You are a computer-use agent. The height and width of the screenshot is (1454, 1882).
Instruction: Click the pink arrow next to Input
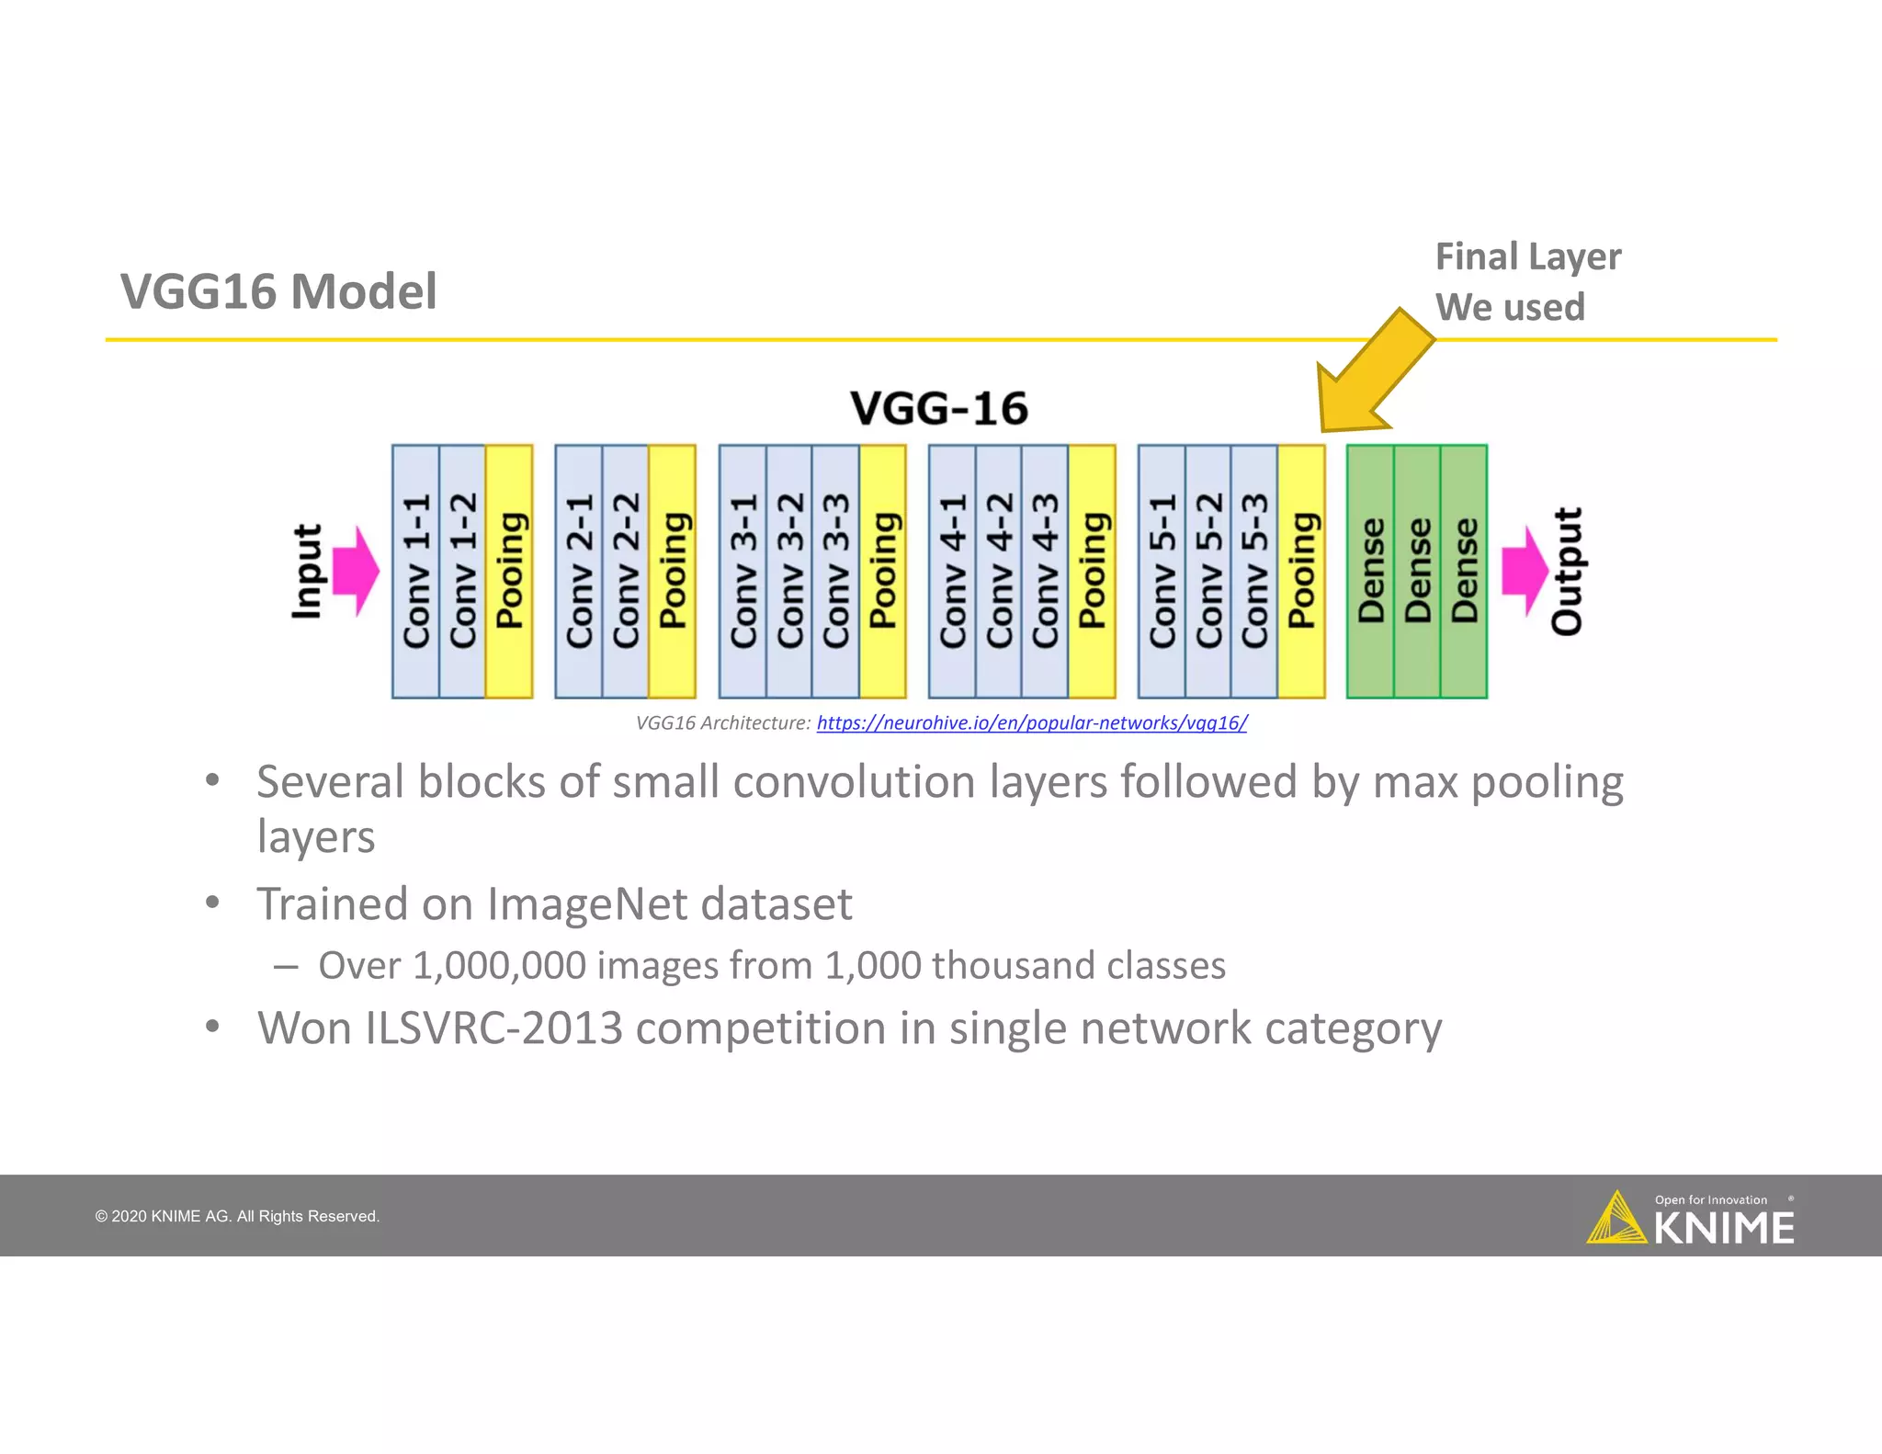click(x=355, y=571)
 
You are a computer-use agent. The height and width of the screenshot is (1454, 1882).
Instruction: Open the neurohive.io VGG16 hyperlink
click(x=1031, y=723)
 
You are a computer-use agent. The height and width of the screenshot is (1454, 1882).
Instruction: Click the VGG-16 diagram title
click(x=938, y=408)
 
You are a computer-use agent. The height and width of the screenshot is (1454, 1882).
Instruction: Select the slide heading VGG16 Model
click(x=278, y=291)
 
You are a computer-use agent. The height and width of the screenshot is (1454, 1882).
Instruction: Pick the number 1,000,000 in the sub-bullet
click(x=499, y=966)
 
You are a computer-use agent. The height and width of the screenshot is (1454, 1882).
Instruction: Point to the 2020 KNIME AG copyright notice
click(x=237, y=1216)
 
